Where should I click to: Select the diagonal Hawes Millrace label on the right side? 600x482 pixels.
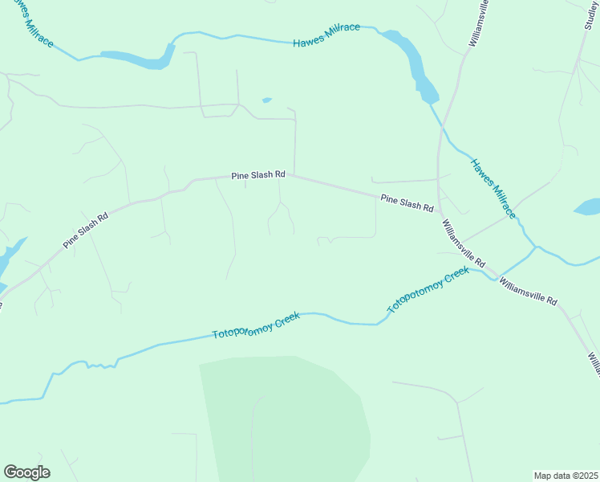[x=493, y=188]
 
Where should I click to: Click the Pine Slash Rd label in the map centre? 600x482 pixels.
[x=258, y=174]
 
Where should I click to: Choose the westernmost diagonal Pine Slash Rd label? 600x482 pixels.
[x=86, y=231]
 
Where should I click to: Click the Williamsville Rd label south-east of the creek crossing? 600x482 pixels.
[x=527, y=290]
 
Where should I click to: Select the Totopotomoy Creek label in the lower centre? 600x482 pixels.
[x=256, y=325]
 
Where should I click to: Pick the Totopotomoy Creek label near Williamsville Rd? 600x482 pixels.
[x=428, y=290]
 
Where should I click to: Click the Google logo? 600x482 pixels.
[x=26, y=472]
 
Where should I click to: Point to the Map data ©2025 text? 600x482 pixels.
[x=566, y=476]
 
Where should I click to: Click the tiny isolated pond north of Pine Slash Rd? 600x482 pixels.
[x=266, y=100]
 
